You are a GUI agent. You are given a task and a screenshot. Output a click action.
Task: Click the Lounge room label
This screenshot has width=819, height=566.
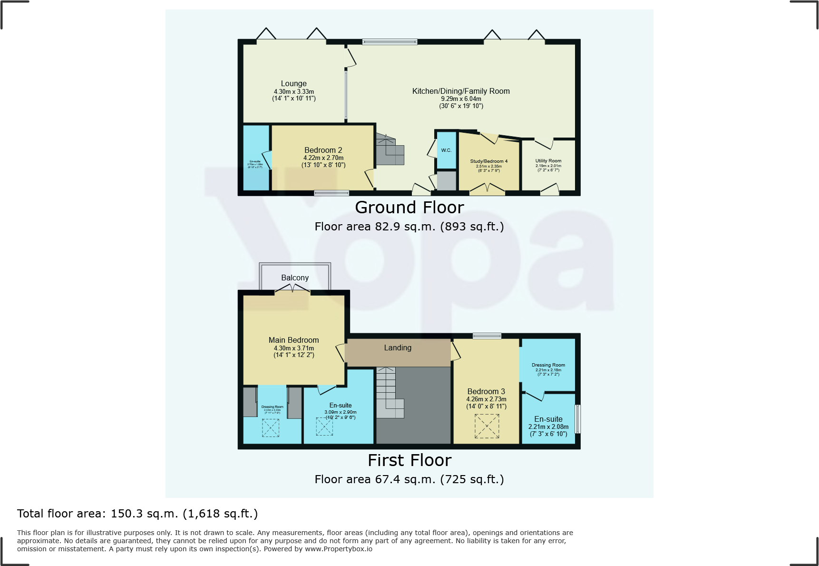pos(293,83)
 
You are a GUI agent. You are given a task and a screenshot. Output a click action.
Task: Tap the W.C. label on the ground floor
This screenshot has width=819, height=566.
pos(446,150)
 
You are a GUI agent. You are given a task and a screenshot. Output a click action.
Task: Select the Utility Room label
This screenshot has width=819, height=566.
pos(548,161)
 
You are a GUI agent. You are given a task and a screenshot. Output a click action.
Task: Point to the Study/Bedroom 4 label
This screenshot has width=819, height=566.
pos(488,161)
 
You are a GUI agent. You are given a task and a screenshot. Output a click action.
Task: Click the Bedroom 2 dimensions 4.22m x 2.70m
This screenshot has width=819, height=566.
pos(323,158)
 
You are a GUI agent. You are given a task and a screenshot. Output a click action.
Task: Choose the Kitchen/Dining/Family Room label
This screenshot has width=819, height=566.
pos(460,91)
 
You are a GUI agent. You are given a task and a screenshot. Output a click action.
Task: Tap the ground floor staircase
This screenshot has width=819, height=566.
pos(390,150)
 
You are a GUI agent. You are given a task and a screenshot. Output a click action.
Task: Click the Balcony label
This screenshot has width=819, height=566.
pos(295,278)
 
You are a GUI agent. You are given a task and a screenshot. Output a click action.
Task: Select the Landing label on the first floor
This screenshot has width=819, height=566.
pos(398,348)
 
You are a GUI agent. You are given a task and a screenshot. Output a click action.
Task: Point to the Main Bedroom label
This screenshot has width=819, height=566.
pos(293,340)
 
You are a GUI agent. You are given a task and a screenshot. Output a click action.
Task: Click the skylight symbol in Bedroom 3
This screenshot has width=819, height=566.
pos(487,426)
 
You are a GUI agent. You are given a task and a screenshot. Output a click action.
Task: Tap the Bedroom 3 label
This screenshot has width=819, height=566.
pos(486,391)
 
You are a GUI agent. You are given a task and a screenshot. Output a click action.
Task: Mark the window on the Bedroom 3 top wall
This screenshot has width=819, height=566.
pos(487,336)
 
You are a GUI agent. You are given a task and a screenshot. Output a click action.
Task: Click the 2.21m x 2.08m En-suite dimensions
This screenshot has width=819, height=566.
pos(548,427)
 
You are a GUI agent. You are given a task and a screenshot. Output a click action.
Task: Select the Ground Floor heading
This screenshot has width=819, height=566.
pos(409,208)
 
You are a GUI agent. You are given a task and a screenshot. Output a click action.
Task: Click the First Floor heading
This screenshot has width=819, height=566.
pos(409,460)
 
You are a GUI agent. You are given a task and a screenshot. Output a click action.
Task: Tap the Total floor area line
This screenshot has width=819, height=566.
pos(137,514)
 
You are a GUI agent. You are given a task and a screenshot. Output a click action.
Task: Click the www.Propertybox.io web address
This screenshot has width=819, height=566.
pos(338,549)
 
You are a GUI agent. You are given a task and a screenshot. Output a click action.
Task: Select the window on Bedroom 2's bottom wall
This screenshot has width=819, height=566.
pos(331,193)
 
